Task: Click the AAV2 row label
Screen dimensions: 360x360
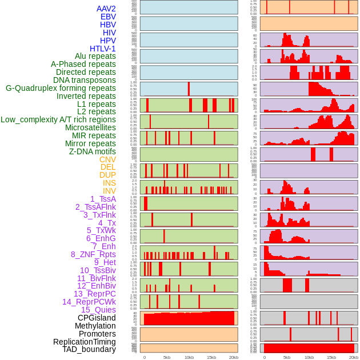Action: [x=106, y=9]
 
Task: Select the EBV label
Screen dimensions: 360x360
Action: [x=108, y=17]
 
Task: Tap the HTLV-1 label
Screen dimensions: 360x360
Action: [x=102, y=49]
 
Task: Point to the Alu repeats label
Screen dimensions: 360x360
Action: [x=95, y=56]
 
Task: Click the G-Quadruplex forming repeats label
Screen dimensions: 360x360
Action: [x=61, y=88]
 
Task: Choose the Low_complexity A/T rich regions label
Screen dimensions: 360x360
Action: [x=58, y=119]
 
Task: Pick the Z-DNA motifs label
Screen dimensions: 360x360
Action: [x=92, y=151]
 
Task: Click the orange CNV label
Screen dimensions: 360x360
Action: [x=107, y=159]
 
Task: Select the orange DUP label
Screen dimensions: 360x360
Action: [x=107, y=175]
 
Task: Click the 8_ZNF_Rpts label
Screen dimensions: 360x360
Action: [x=93, y=254]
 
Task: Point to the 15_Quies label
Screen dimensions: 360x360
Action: [x=98, y=310]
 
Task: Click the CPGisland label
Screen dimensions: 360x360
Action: [x=97, y=318]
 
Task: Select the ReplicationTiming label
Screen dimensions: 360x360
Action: [x=84, y=342]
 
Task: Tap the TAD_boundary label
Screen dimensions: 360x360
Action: [x=89, y=349]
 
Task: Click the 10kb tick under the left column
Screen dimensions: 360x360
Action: [x=189, y=357]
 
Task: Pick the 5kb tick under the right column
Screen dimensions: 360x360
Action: [x=287, y=357]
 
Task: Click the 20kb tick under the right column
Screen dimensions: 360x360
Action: [x=354, y=357]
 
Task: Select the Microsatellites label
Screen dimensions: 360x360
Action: [x=90, y=127]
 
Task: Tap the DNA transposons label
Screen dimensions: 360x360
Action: [x=85, y=80]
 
